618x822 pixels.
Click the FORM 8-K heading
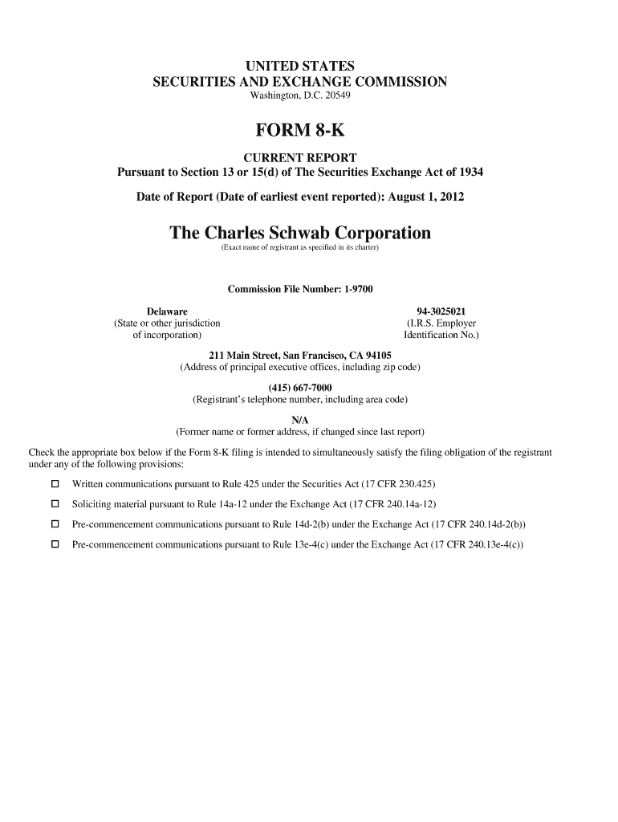click(x=300, y=129)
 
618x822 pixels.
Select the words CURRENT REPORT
click(x=300, y=157)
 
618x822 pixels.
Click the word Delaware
click(x=167, y=311)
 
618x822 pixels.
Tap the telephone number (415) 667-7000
click(x=300, y=388)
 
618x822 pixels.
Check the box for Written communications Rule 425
click(x=55, y=484)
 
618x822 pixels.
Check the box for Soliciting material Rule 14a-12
click(x=55, y=504)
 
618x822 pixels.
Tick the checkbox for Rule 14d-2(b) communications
click(x=55, y=524)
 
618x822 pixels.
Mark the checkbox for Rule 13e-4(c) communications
click(x=55, y=544)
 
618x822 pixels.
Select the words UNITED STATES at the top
click(x=300, y=66)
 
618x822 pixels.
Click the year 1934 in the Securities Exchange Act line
click(x=469, y=173)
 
